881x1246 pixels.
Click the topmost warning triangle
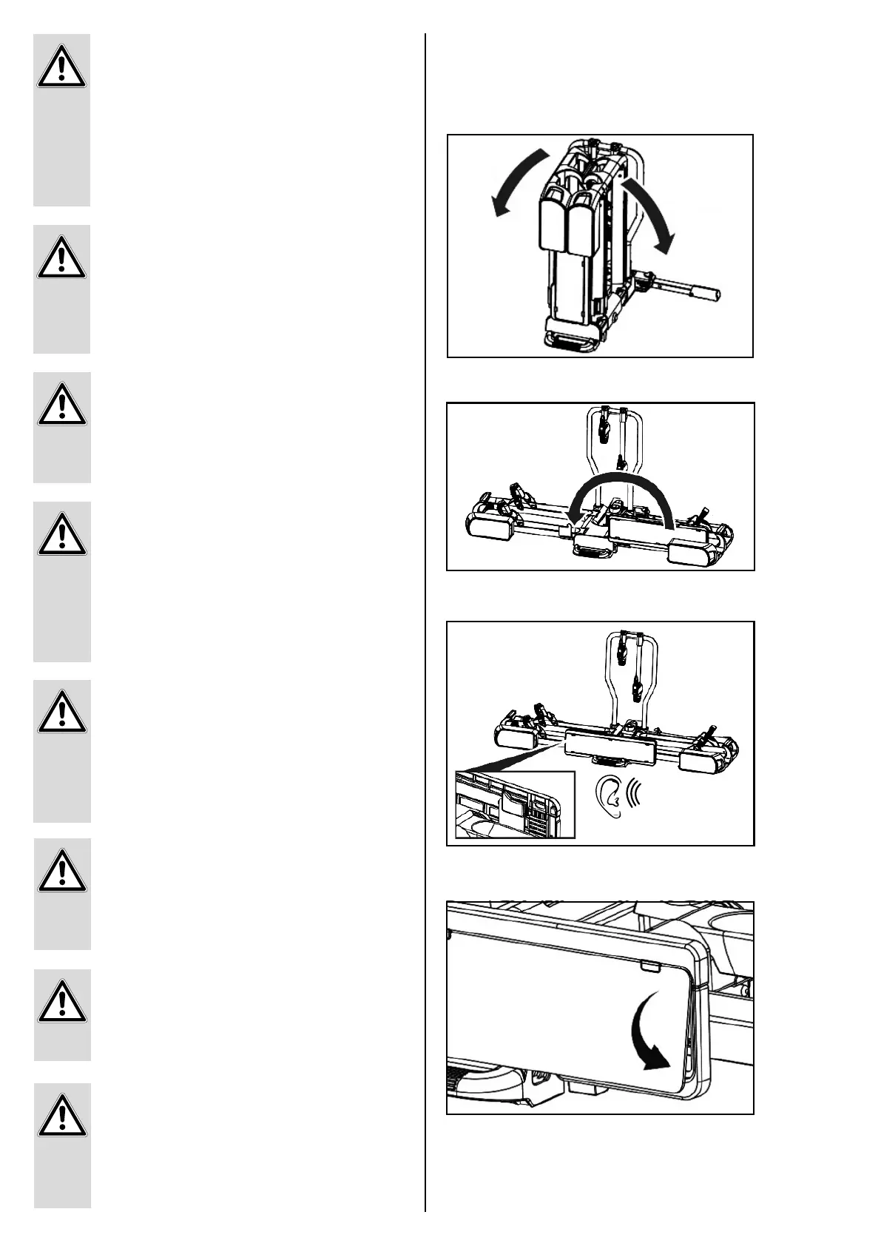tap(62, 70)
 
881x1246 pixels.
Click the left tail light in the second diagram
tap(488, 527)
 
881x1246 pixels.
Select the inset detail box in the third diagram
tap(515, 805)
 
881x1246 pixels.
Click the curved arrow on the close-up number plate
tap(651, 1040)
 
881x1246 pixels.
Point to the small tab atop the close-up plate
tap(651, 966)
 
